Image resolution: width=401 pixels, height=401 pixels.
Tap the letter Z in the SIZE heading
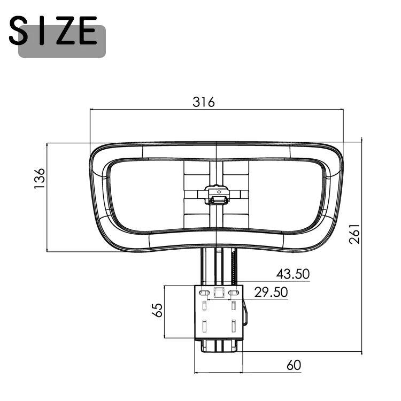click(x=66, y=32)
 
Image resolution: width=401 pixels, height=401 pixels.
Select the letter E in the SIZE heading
click(x=88, y=32)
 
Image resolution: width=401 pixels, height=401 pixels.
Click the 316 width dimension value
click(x=203, y=102)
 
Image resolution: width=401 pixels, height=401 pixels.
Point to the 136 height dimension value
click(x=39, y=179)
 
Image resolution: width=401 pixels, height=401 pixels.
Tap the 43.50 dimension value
click(x=292, y=274)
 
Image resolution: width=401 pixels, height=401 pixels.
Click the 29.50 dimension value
click(x=271, y=292)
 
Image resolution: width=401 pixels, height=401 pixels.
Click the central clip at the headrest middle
click(x=217, y=195)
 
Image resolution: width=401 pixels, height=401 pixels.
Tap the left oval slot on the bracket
click(x=204, y=293)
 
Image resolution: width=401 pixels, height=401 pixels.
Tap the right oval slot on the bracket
click(x=233, y=293)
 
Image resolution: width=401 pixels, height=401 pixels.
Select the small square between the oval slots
click(x=219, y=292)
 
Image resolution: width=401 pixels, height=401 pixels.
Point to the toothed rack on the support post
click(x=234, y=267)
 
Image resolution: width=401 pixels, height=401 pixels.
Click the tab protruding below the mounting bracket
click(x=219, y=345)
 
